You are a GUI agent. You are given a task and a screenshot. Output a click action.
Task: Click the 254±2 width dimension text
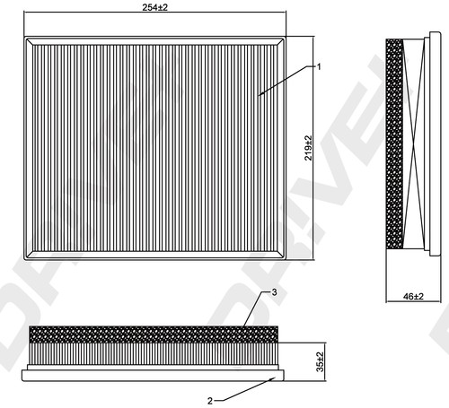pos(155,8)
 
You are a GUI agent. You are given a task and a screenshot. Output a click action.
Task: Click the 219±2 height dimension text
pos(308,148)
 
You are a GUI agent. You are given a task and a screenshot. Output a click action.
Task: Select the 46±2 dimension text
pos(413,297)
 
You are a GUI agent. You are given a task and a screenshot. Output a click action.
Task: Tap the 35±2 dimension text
pos(320,361)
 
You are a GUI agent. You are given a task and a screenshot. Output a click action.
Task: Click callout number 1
pos(319,67)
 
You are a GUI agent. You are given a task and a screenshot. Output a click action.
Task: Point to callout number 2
pos(210,401)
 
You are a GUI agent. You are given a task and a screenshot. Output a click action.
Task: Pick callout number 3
pos(274,292)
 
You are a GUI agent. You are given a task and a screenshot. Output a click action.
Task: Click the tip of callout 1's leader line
pos(259,96)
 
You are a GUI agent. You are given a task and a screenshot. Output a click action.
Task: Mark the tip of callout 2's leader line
pos(275,378)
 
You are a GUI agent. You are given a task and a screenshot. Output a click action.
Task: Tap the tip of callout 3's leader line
pos(243,326)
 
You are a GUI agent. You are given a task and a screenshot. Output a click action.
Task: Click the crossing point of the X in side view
pos(414,144)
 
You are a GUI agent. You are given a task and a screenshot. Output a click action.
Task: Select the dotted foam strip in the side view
pos(394,144)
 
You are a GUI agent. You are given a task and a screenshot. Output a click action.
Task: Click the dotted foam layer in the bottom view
pos(154,334)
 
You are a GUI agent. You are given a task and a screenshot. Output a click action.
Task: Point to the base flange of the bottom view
pos(153,375)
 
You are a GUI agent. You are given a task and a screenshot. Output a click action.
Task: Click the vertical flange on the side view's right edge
pos(435,143)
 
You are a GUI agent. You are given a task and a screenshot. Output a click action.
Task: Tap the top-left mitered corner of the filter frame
pos(29,41)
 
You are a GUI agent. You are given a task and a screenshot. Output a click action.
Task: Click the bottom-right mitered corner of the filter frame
pos(281,256)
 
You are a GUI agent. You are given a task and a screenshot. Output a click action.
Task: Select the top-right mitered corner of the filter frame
pos(281,41)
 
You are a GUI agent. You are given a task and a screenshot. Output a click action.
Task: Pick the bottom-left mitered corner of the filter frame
pos(29,256)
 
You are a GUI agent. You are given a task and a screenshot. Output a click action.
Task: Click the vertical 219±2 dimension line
pos(313,148)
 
